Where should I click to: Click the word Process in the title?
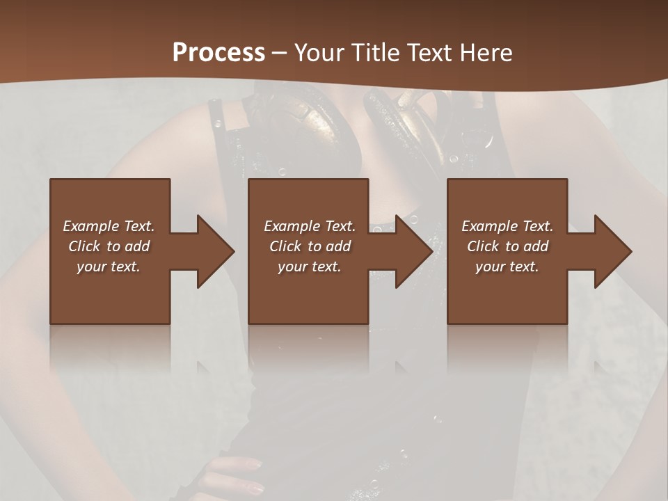click(x=218, y=53)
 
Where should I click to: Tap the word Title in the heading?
click(x=375, y=53)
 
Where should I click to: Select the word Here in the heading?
click(x=486, y=53)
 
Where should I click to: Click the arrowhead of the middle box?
click(x=413, y=251)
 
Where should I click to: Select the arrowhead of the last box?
click(x=612, y=251)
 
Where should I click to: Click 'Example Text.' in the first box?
click(x=109, y=226)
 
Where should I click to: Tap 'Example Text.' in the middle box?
click(x=309, y=226)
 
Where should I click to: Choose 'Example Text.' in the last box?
click(x=507, y=226)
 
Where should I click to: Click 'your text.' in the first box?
click(x=109, y=267)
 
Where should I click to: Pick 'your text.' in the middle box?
click(x=309, y=267)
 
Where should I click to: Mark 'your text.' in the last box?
click(x=507, y=267)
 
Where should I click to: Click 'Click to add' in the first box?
click(x=109, y=246)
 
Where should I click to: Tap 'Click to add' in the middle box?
click(x=309, y=246)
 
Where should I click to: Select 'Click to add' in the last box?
click(x=507, y=246)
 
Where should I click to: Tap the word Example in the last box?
click(x=489, y=226)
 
